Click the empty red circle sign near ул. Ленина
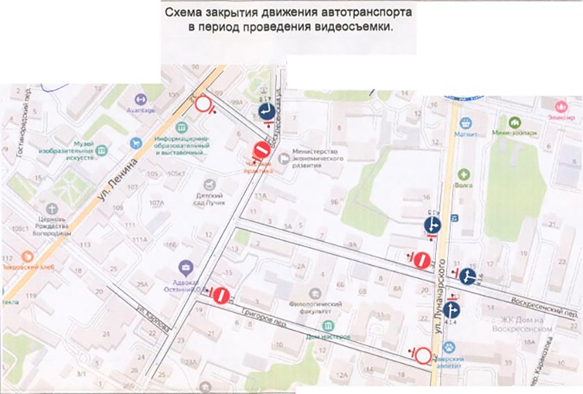204,105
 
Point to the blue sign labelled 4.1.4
450,309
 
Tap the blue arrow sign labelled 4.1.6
467,277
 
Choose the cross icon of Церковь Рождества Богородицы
53,208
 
